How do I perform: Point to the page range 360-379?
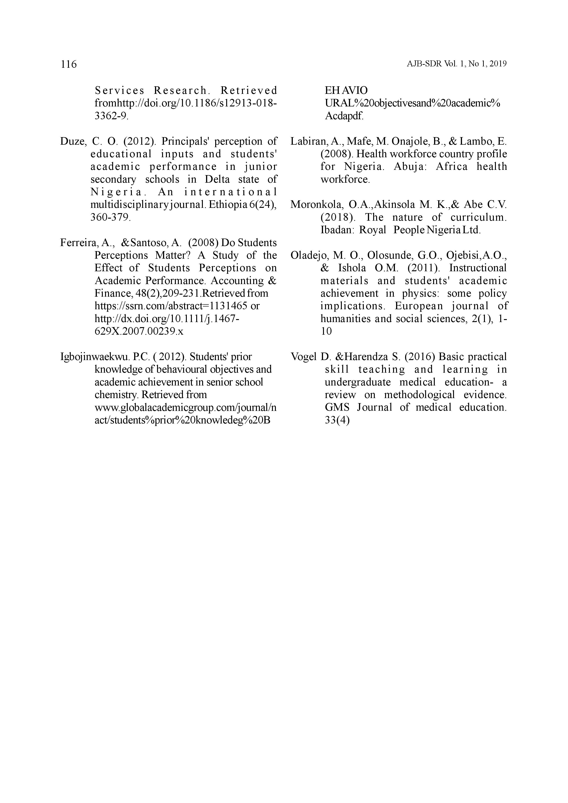111,217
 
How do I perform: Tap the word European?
419,306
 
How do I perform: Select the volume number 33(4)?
337,420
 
